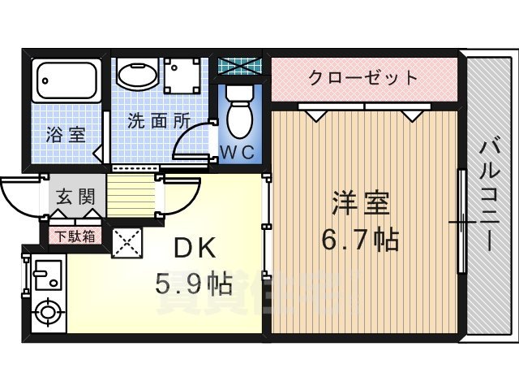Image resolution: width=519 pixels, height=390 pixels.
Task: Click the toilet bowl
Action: click(x=240, y=113)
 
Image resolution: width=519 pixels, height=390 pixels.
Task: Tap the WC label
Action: click(x=238, y=152)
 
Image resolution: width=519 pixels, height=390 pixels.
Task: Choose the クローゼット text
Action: click(x=363, y=79)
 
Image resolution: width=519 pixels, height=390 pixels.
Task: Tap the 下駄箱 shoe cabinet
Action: click(x=74, y=236)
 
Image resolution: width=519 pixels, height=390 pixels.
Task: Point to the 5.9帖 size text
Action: click(x=195, y=284)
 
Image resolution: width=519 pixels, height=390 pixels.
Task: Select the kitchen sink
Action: click(x=45, y=275)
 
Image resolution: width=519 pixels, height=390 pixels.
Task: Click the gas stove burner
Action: click(x=48, y=312)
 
